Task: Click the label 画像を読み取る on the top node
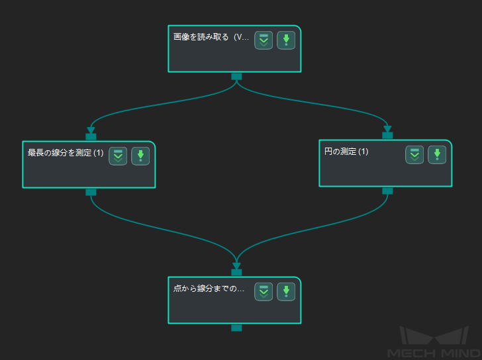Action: tap(201, 37)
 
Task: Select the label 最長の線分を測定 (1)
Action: tap(66, 153)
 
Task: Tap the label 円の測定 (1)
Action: tap(346, 152)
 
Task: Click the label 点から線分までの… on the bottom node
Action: tap(209, 289)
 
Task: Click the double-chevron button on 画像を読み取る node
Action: tap(264, 40)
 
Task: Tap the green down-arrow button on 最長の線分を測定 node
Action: tap(140, 156)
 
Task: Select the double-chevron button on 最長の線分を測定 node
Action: tap(118, 156)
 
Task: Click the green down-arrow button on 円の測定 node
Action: tap(437, 155)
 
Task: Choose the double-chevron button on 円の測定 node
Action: tap(414, 155)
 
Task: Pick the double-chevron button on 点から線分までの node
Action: tap(264, 292)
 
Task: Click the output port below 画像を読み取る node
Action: tap(236, 77)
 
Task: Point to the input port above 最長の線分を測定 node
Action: tap(91, 137)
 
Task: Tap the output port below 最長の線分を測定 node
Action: tap(91, 193)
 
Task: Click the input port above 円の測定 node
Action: tap(387, 136)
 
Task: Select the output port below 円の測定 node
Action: tap(387, 191)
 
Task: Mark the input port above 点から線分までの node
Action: tap(236, 273)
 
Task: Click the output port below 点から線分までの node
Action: tap(236, 328)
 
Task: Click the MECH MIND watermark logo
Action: tap(434, 342)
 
